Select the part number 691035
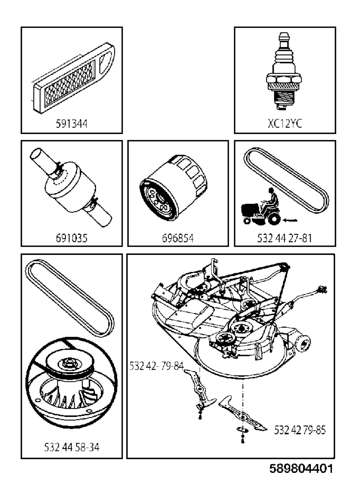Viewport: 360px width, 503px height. click(71, 238)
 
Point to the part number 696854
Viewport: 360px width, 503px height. click(178, 238)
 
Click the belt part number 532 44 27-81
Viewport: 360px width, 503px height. click(284, 238)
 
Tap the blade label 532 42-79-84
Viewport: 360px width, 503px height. click(156, 366)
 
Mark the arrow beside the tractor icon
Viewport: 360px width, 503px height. click(290, 220)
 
